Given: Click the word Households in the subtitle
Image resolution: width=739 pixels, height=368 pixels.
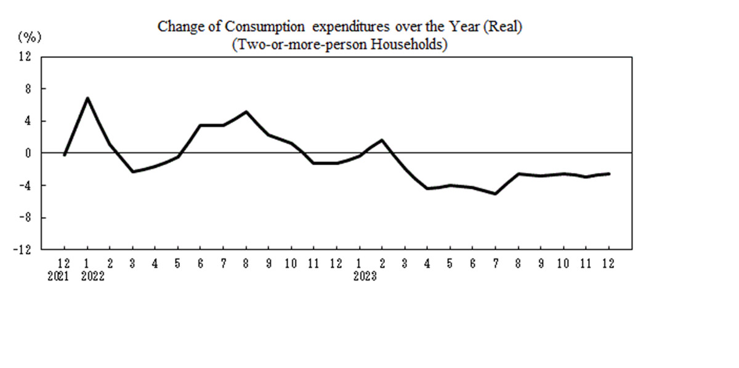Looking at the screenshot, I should pos(411,45).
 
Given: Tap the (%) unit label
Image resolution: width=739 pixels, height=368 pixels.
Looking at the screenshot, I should pos(29,37).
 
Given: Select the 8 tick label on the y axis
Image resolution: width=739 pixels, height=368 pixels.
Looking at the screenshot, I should pos(28,89).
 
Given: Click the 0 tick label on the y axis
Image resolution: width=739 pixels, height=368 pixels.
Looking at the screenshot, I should pos(28,153).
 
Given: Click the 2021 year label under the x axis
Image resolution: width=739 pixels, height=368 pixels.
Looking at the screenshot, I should pos(64,277).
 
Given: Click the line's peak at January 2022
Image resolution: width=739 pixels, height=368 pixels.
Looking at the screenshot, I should pos(87,98).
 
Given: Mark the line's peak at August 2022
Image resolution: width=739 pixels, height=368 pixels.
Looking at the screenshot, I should pos(246,112).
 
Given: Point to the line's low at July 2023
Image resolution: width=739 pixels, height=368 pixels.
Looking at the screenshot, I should pos(495,194).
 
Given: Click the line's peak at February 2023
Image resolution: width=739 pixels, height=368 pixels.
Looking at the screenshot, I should pos(382,140).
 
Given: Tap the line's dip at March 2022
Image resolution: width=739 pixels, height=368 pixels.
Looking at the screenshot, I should pos(132,171).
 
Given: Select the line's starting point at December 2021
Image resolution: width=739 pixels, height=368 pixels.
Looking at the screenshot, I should pos(64,155).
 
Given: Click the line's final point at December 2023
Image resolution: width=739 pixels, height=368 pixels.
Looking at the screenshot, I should pos(609,174).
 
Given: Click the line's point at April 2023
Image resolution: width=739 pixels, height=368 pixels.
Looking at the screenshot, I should pos(427,188).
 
